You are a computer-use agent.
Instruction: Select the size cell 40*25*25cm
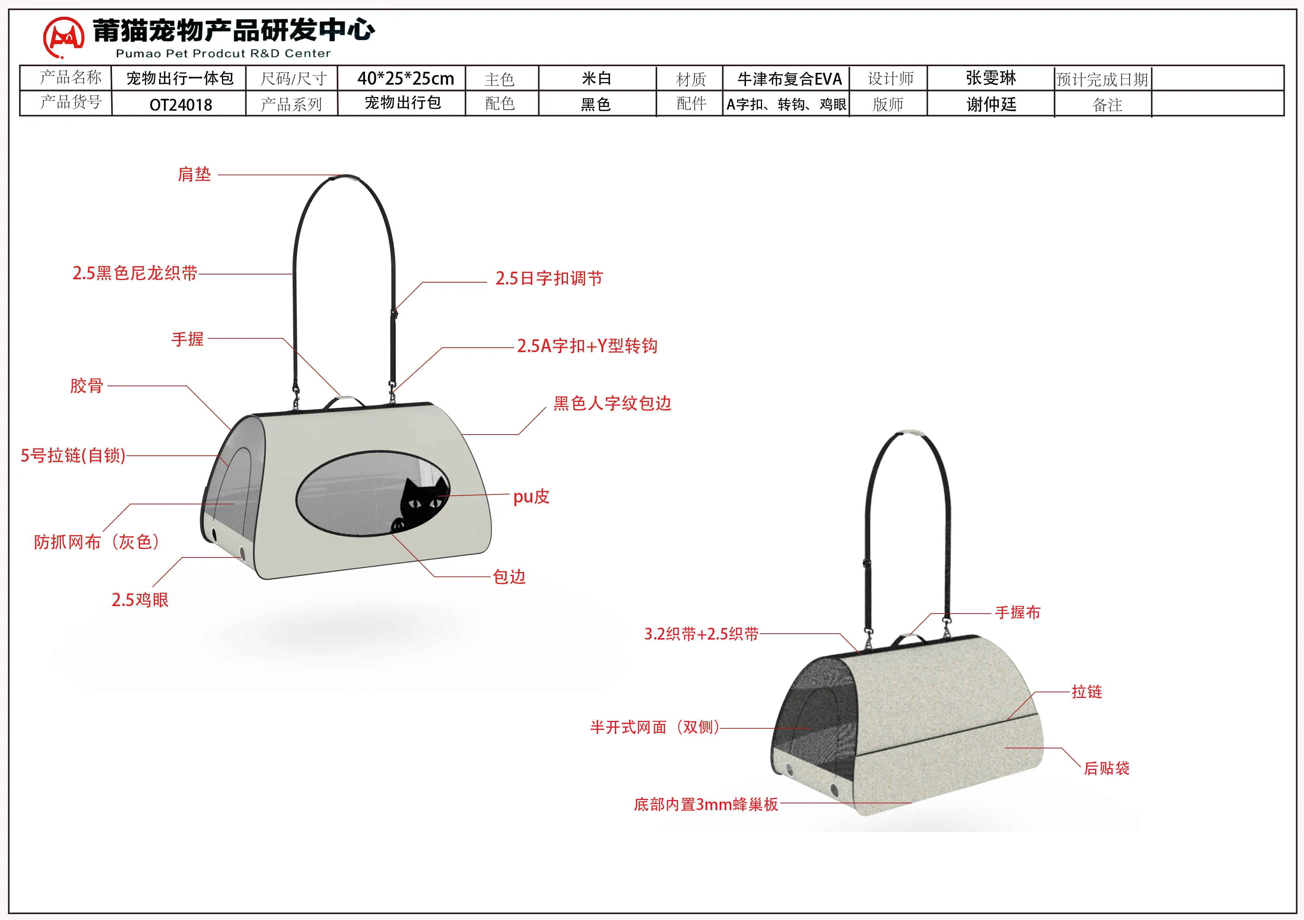[406, 78]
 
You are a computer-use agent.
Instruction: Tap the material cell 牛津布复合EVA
[789, 79]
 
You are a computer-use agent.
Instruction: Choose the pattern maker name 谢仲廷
[991, 104]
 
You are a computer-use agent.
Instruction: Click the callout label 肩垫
[194, 174]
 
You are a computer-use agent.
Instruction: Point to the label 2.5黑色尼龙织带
[135, 274]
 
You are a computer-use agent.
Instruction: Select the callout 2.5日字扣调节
[549, 279]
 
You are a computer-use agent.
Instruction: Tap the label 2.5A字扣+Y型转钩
[587, 346]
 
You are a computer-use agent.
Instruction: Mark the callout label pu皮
[531, 497]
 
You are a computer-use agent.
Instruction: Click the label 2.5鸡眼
[140, 600]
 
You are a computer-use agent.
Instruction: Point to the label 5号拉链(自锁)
[73, 456]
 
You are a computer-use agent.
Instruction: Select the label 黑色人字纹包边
[612, 403]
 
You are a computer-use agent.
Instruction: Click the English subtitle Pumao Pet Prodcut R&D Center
[223, 53]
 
